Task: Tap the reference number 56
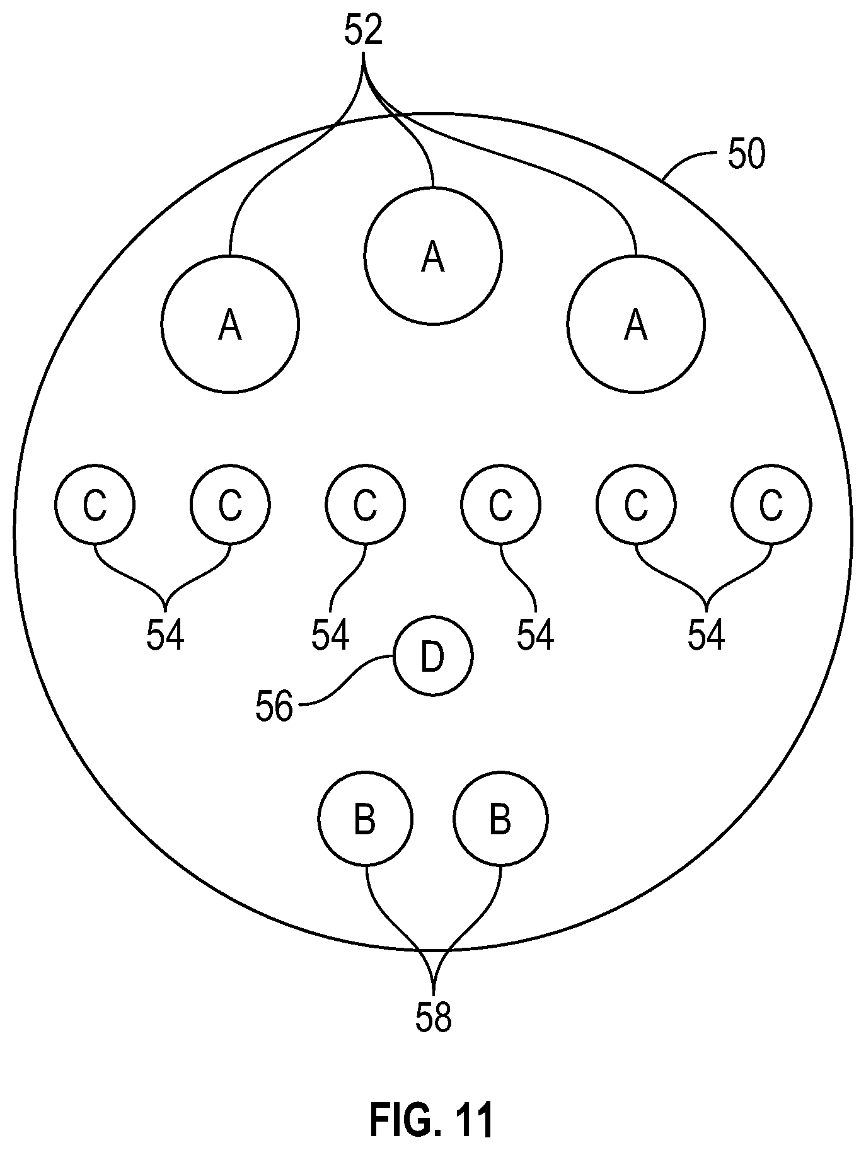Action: (274, 706)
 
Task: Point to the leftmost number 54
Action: (165, 634)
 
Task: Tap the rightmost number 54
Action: (706, 634)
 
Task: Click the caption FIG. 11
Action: (431, 1118)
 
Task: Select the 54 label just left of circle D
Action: (330, 634)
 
